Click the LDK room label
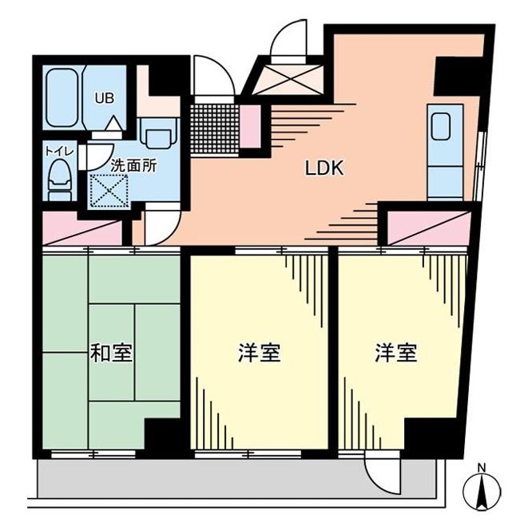[x=324, y=168]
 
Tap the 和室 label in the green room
[x=111, y=354]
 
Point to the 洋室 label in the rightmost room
[x=396, y=354]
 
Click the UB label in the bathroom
[x=105, y=99]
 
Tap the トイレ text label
[x=54, y=148]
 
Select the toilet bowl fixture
[x=58, y=180]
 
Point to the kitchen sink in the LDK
[x=442, y=129]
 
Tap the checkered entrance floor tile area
[x=213, y=127]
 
